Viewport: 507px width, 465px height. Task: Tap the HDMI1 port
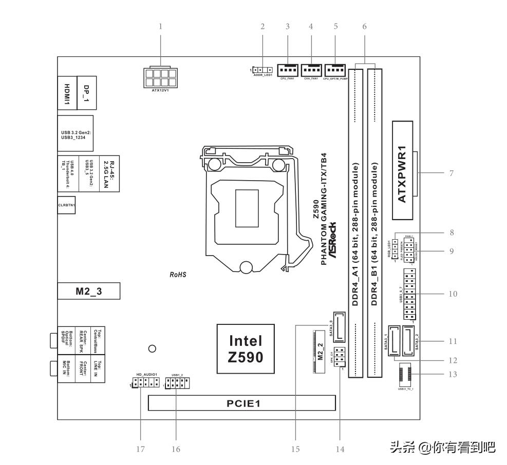point(67,92)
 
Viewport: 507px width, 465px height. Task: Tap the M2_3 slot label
point(89,291)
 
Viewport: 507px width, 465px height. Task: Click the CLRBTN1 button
point(66,205)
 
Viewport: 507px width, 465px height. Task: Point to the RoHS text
point(178,275)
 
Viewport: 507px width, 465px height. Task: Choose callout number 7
point(451,173)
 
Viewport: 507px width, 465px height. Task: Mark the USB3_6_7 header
point(410,294)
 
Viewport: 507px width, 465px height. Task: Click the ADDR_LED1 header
point(263,70)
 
